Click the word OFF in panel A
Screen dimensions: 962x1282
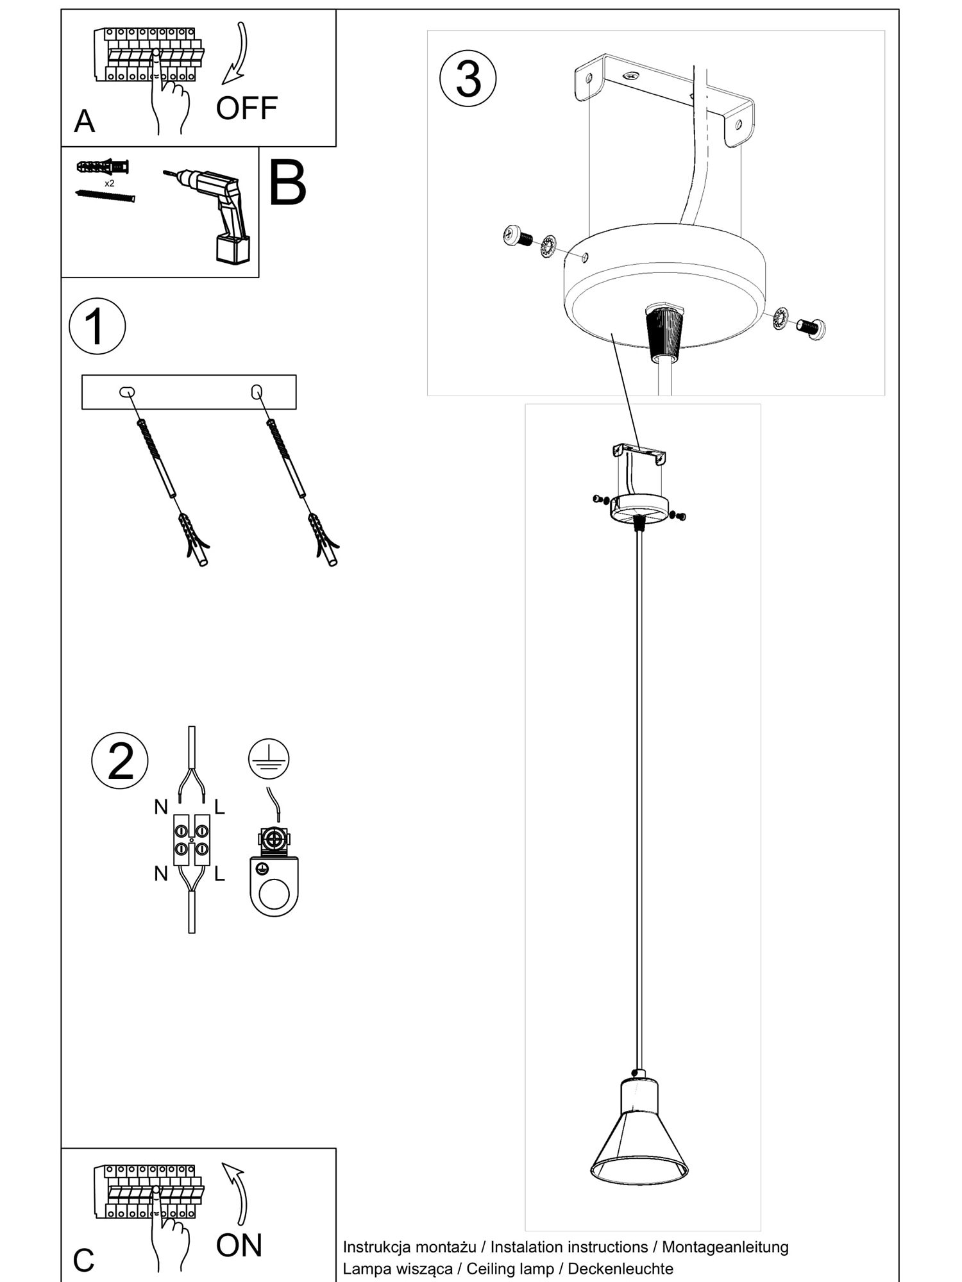tap(247, 108)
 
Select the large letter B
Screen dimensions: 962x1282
tap(287, 183)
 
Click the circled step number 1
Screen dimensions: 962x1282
tap(97, 326)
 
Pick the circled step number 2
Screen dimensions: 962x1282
tap(120, 761)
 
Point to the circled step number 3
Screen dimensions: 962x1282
tap(468, 79)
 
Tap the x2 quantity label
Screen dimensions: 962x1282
tap(110, 183)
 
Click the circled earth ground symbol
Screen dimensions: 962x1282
tap(269, 758)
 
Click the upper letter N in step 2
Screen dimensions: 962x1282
tap(161, 808)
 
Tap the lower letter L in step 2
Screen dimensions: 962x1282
tap(220, 874)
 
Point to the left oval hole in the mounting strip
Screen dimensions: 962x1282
tap(127, 392)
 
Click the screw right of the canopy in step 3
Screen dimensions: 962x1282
tap(811, 328)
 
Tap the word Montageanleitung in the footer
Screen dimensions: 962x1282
tap(725, 1247)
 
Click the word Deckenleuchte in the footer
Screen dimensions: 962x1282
tap(621, 1269)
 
